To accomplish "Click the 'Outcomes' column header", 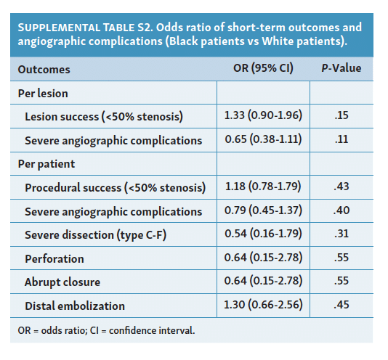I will (x=44, y=70).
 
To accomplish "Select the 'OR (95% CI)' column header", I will (x=262, y=69).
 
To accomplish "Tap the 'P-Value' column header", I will (x=341, y=69).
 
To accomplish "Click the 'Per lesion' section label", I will (x=43, y=94).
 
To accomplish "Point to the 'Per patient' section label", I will (x=46, y=164).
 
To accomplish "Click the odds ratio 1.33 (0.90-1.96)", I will (x=263, y=116).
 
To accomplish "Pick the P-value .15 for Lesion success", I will (x=341, y=116).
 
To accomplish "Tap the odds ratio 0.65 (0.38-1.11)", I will (x=263, y=139).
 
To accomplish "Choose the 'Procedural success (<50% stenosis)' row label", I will (x=115, y=188).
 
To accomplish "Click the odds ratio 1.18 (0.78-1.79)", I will (x=263, y=187).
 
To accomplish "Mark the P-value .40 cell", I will (x=341, y=211).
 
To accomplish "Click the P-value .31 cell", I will (x=341, y=234).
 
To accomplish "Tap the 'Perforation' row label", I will (x=54, y=258).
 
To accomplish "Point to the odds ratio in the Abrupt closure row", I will (x=263, y=282).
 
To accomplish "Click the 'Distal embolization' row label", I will (x=75, y=306).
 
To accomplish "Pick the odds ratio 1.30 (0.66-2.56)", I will (x=263, y=305).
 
